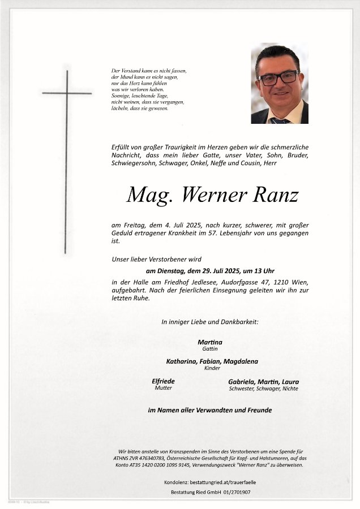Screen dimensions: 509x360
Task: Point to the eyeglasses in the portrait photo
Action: tap(278, 77)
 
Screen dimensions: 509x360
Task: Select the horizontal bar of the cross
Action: tap(67, 93)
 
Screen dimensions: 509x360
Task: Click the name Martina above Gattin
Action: tap(210, 342)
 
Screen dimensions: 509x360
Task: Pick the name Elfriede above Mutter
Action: tap(163, 381)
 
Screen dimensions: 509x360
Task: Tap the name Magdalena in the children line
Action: tap(241, 361)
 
